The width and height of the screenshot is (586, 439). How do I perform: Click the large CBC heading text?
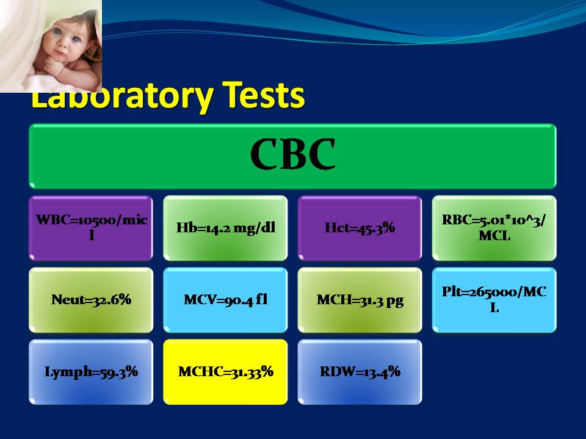[292, 154]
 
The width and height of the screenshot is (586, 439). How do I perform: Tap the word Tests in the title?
[264, 95]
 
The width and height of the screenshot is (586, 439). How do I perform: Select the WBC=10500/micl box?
[91, 227]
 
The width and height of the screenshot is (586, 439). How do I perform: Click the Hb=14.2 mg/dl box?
[225, 227]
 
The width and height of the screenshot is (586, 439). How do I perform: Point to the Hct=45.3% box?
[360, 227]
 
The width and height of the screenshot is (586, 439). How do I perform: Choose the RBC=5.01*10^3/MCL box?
[494, 227]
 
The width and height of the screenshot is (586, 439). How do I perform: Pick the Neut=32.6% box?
[91, 300]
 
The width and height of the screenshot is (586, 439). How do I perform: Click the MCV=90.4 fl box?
[225, 300]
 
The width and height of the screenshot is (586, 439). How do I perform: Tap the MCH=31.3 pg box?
[360, 300]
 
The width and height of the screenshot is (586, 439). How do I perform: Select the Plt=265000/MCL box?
[494, 300]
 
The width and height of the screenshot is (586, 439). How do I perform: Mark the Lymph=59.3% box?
[91, 372]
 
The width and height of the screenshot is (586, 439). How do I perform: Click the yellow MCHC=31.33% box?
[225, 372]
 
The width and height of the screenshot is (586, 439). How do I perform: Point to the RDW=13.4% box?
[360, 372]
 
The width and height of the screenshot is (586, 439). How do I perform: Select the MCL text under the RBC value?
[494, 235]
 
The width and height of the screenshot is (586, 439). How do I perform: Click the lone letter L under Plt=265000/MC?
[494, 307]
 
